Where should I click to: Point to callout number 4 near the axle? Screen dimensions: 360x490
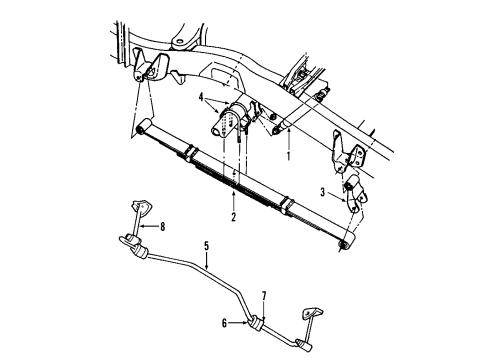200,97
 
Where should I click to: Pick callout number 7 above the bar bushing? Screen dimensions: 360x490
264,297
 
